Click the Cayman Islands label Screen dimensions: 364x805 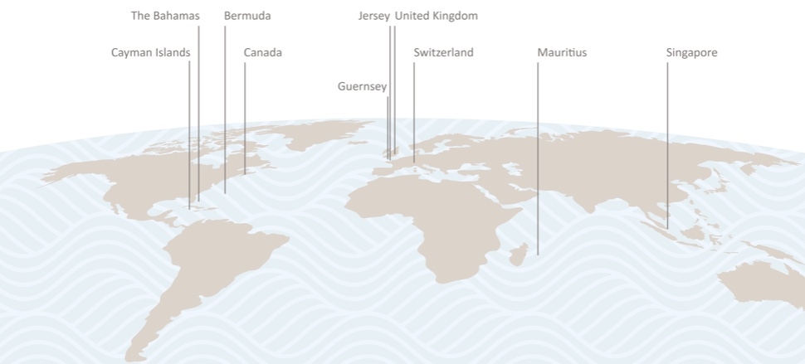[150, 53]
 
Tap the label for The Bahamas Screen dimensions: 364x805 [165, 16]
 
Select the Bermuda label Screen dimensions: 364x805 [247, 16]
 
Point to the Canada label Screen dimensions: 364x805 [262, 53]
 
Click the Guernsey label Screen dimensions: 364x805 [362, 86]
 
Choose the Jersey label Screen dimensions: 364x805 [373, 16]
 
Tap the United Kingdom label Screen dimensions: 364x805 [436, 16]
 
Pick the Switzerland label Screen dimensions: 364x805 [443, 53]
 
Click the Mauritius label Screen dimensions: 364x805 [561, 53]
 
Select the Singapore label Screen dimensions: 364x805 [691, 53]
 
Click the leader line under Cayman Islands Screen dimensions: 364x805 [189, 133]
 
